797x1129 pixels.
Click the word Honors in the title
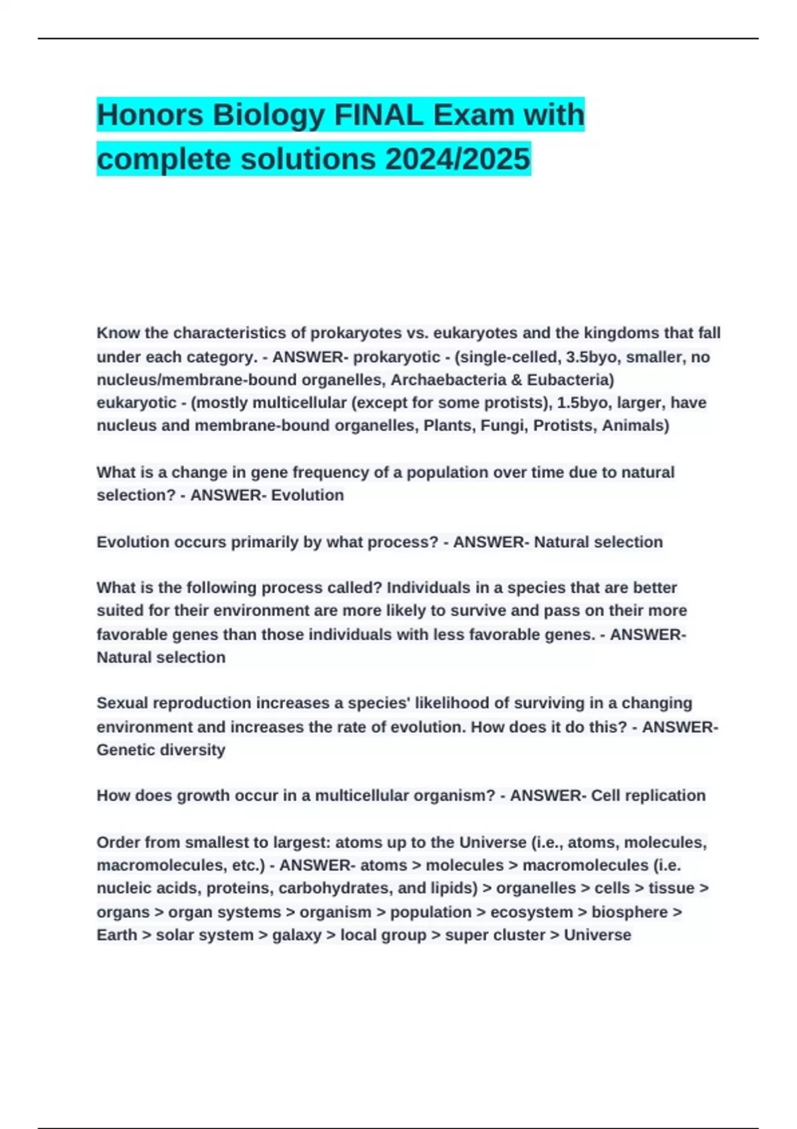[150, 115]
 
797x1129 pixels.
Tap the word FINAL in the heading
[379, 115]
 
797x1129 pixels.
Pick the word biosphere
[630, 912]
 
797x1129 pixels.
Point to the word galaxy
[296, 935]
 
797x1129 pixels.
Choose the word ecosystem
[531, 912]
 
